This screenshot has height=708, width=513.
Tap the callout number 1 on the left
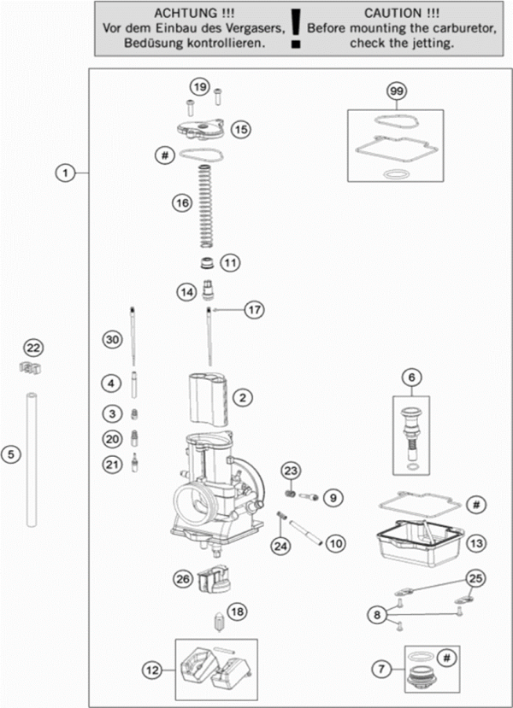[x=63, y=173]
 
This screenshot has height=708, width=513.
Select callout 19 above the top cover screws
[x=199, y=87]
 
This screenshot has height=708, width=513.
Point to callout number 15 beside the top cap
[x=240, y=130]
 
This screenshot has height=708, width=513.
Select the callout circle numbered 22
[x=32, y=348]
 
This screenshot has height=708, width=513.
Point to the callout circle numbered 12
[x=152, y=671]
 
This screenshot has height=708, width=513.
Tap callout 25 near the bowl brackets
[x=475, y=578]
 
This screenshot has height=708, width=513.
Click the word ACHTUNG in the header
[x=180, y=14]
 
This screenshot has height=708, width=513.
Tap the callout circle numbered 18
[x=237, y=611]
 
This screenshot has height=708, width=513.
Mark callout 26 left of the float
[x=181, y=578]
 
